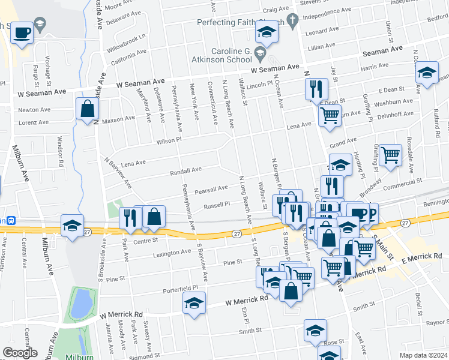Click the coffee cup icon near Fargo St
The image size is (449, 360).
point(22,32)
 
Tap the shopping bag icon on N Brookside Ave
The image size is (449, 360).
point(88,109)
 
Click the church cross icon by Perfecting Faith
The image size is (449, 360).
point(292,22)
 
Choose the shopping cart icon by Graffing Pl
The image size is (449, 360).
point(390,155)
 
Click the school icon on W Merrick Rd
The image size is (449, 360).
point(194,303)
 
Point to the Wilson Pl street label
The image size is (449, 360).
point(170,140)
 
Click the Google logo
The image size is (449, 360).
point(19,353)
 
